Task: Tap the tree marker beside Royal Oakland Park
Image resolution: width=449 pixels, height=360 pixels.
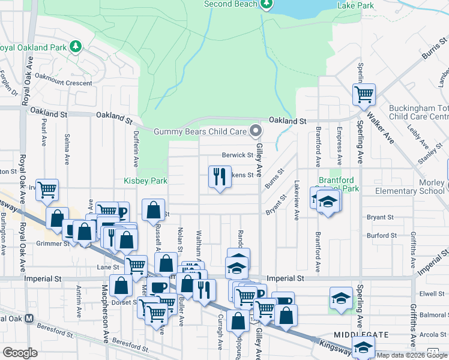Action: click(75, 47)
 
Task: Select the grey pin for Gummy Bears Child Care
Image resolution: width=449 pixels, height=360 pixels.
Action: click(256, 131)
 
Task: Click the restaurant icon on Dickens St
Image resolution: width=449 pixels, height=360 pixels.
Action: click(219, 176)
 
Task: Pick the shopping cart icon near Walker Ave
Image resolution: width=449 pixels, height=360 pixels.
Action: click(363, 94)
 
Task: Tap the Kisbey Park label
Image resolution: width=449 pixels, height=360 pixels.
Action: click(145, 181)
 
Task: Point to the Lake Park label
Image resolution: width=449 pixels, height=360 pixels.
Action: click(355, 5)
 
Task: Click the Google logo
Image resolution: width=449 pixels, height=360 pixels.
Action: click(20, 352)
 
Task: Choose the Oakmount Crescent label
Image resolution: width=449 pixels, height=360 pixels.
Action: click(63, 83)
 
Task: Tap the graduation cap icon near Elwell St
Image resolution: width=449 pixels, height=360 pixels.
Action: click(341, 297)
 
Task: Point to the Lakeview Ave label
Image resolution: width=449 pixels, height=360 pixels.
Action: click(297, 200)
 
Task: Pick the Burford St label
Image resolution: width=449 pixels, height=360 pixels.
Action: click(379, 236)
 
